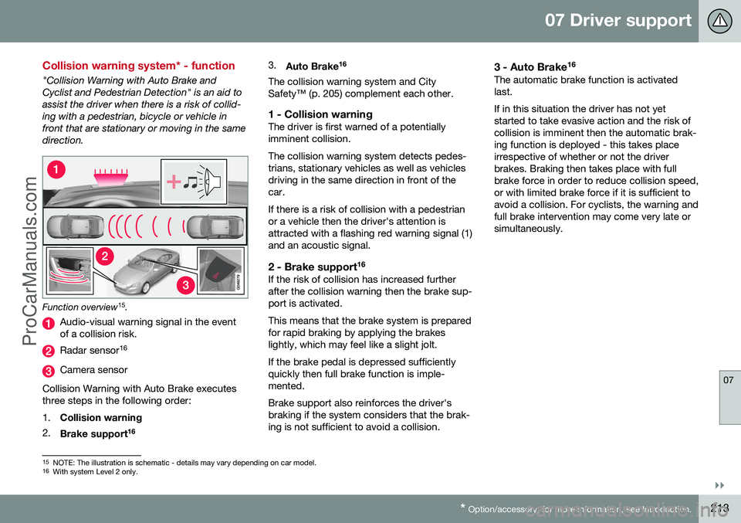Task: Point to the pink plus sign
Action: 174,182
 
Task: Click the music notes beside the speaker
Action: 193,182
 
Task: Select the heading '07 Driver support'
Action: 617,21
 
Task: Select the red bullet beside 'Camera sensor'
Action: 49,370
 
